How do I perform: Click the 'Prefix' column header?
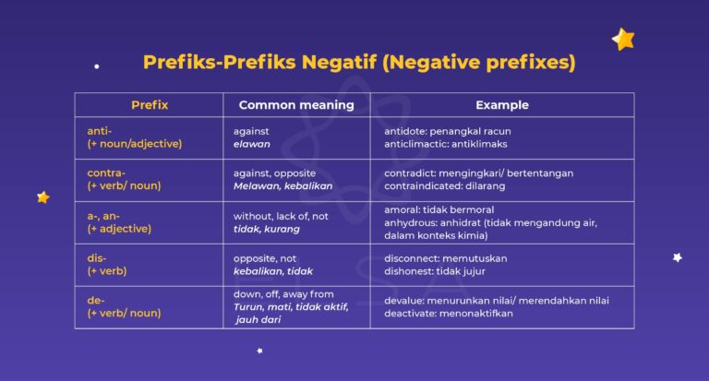coord(150,105)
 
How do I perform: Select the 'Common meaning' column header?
coord(296,105)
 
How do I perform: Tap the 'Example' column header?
coord(502,105)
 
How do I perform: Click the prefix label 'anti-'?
coord(100,131)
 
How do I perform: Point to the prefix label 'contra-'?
coord(106,173)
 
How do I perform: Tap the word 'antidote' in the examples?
coord(406,131)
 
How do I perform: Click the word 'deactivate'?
coord(413,313)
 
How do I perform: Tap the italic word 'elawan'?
coord(251,144)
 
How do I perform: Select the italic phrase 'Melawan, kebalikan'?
coord(282,185)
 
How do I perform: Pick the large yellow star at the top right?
coord(623,39)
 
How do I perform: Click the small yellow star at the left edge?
coord(42,196)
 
